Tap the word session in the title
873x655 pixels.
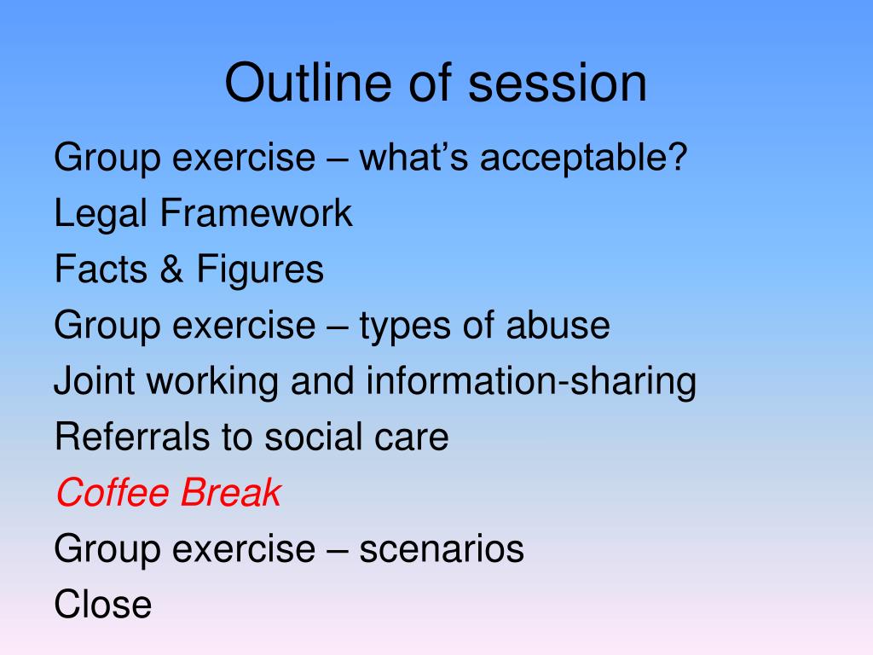point(558,83)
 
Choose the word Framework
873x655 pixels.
point(256,212)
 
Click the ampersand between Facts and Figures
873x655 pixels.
point(171,269)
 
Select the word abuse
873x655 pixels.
point(558,325)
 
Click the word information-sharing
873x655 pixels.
point(531,382)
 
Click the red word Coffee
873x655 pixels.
point(112,492)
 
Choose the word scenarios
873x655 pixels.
point(442,548)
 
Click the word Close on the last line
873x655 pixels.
point(103,605)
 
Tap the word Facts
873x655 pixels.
point(101,269)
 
